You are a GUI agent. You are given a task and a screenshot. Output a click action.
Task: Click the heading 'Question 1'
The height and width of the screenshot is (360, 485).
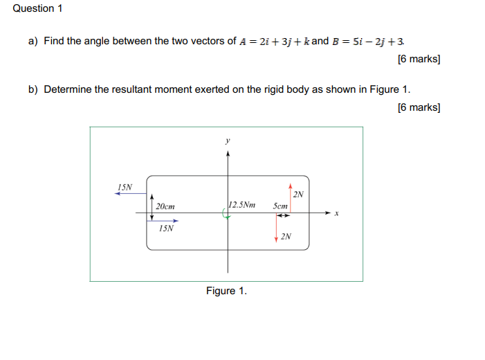(33, 8)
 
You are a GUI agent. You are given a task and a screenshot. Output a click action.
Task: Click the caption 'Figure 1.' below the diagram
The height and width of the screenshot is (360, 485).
(226, 291)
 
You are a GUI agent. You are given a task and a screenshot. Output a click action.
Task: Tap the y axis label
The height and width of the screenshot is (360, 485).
(227, 140)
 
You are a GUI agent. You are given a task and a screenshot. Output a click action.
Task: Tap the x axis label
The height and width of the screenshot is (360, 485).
(336, 214)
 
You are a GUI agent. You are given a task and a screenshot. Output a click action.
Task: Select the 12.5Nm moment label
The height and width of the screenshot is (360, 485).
(241, 205)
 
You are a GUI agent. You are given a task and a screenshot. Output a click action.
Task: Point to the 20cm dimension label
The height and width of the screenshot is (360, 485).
(165, 207)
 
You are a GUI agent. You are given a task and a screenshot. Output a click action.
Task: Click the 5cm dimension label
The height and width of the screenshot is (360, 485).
(280, 206)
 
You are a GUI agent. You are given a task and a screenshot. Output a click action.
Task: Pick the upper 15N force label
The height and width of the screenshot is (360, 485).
(125, 187)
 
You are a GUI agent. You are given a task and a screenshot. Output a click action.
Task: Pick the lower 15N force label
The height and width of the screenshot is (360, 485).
(167, 228)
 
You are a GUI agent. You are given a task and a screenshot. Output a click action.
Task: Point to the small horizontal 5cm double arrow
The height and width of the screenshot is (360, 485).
(282, 215)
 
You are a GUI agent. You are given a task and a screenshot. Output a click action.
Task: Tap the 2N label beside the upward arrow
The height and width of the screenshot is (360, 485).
(298, 195)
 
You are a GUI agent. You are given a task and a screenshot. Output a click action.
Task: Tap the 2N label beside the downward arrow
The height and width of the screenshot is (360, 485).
(286, 237)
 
